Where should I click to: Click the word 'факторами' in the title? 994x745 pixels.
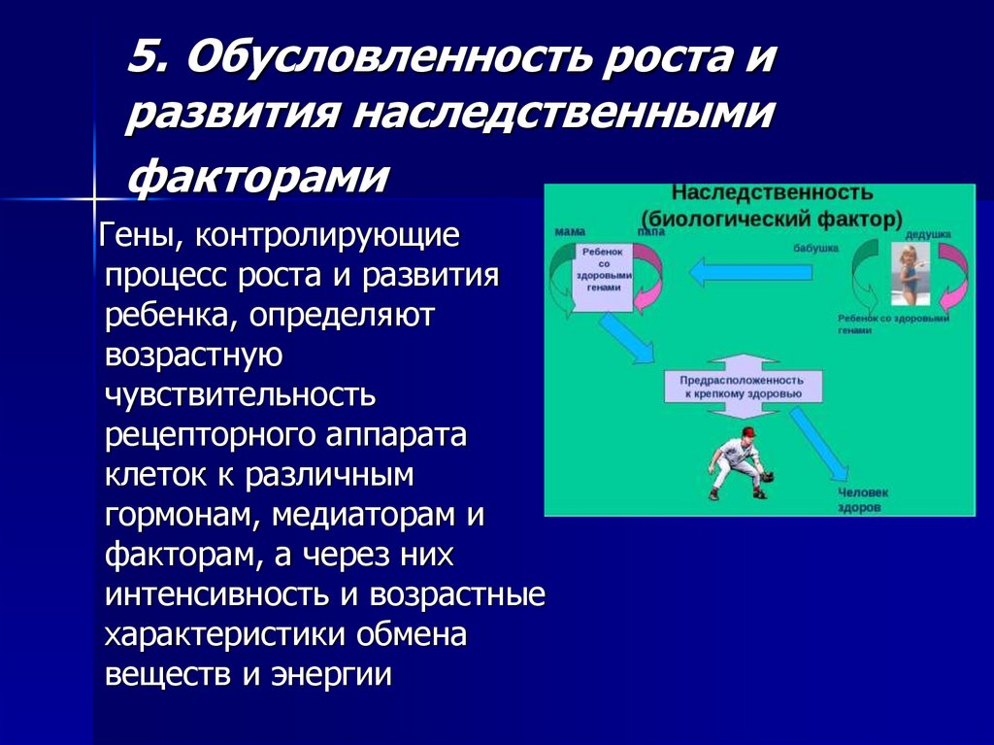coord(258,178)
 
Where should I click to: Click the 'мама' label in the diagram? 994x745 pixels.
coord(569,233)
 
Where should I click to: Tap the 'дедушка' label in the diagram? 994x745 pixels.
coord(927,235)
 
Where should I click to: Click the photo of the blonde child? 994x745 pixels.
coord(910,274)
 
